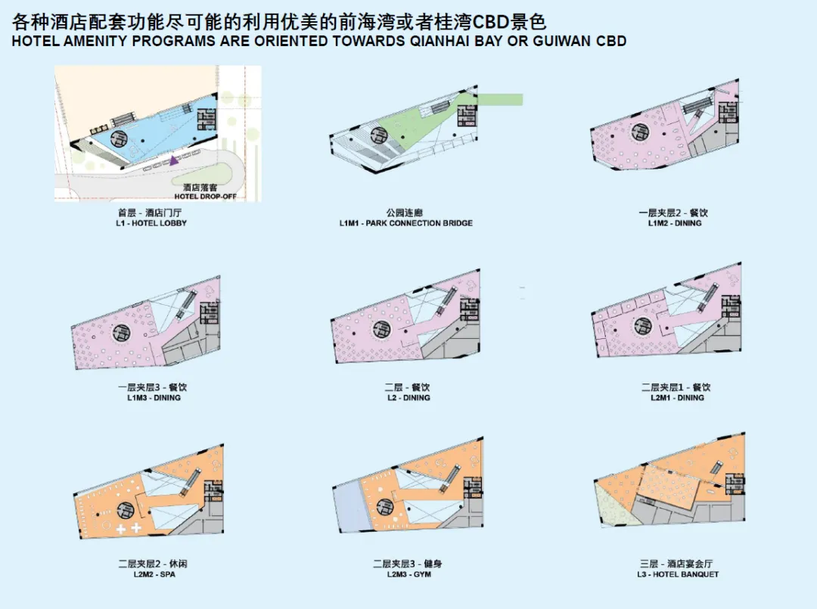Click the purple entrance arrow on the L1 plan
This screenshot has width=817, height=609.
pos(175,160)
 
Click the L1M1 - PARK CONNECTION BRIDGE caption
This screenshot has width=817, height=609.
pos(406,223)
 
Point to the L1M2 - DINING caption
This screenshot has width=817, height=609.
pos(675,223)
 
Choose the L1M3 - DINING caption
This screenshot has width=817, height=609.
pos(154,397)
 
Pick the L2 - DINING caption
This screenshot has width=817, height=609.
pos(406,397)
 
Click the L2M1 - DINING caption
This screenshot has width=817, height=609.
pos(676,397)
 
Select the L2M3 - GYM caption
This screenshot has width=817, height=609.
pos(407,574)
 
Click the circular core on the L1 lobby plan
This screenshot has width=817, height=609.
pos(120,138)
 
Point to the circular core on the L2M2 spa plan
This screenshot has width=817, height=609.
pos(125,511)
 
